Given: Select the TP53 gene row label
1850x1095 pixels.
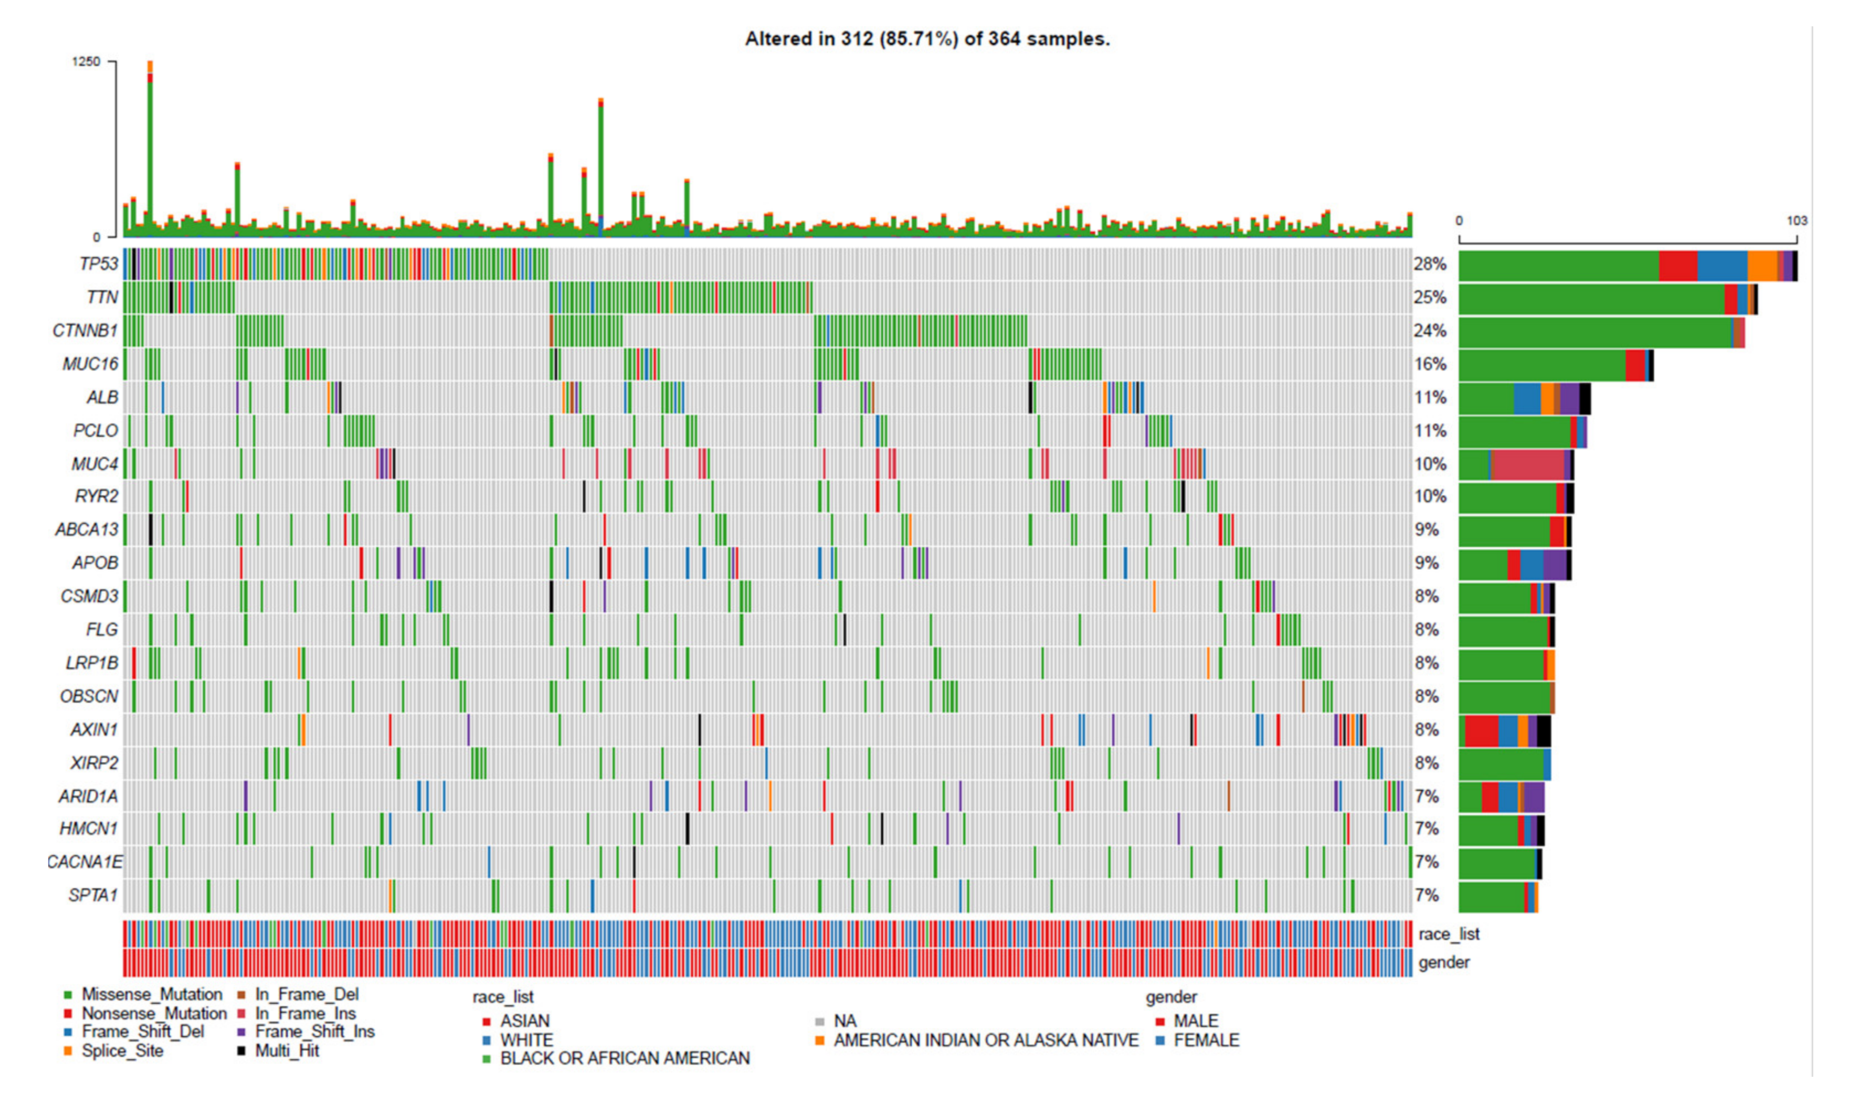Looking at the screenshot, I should click(98, 264).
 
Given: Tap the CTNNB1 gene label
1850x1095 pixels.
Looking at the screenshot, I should click(85, 331).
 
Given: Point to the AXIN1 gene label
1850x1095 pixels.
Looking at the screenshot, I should click(94, 730).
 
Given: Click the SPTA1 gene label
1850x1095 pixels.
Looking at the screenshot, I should click(93, 896).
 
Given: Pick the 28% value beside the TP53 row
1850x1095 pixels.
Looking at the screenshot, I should click(1430, 264).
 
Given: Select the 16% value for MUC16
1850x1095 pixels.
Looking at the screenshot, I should click(1430, 364).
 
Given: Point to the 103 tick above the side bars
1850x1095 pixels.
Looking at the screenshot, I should click(1796, 221).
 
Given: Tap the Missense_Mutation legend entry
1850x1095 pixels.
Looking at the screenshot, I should click(151, 995).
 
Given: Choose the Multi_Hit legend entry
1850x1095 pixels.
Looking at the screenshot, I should click(287, 1050).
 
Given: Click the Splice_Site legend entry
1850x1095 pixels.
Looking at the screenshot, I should click(122, 1050).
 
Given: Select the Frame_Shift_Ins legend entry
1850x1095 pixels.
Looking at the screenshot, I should click(314, 1032).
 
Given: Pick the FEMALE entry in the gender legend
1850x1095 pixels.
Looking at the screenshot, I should click(1206, 1040).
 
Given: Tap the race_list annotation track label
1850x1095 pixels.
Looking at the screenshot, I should click(1448, 934).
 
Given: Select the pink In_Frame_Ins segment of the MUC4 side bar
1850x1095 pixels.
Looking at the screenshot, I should click(1527, 465).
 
